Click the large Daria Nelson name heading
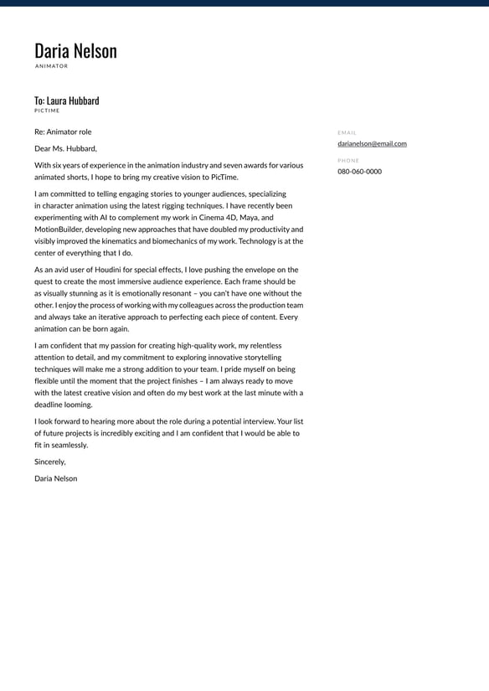[x=75, y=51]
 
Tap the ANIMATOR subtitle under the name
[x=51, y=66]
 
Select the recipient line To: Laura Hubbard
[x=66, y=101]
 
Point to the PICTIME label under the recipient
[x=47, y=111]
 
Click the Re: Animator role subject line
[x=63, y=131]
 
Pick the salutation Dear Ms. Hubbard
[x=65, y=148]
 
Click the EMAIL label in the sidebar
[x=347, y=132]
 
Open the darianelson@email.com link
[x=372, y=143]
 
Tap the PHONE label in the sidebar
[x=348, y=160]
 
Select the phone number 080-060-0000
[x=359, y=171]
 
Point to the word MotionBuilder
[x=63, y=229]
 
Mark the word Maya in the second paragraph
[x=249, y=217]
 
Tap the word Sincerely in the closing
[x=49, y=462]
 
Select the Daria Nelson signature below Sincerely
[x=55, y=478]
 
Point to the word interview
[x=255, y=420]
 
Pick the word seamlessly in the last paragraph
[x=69, y=445]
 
